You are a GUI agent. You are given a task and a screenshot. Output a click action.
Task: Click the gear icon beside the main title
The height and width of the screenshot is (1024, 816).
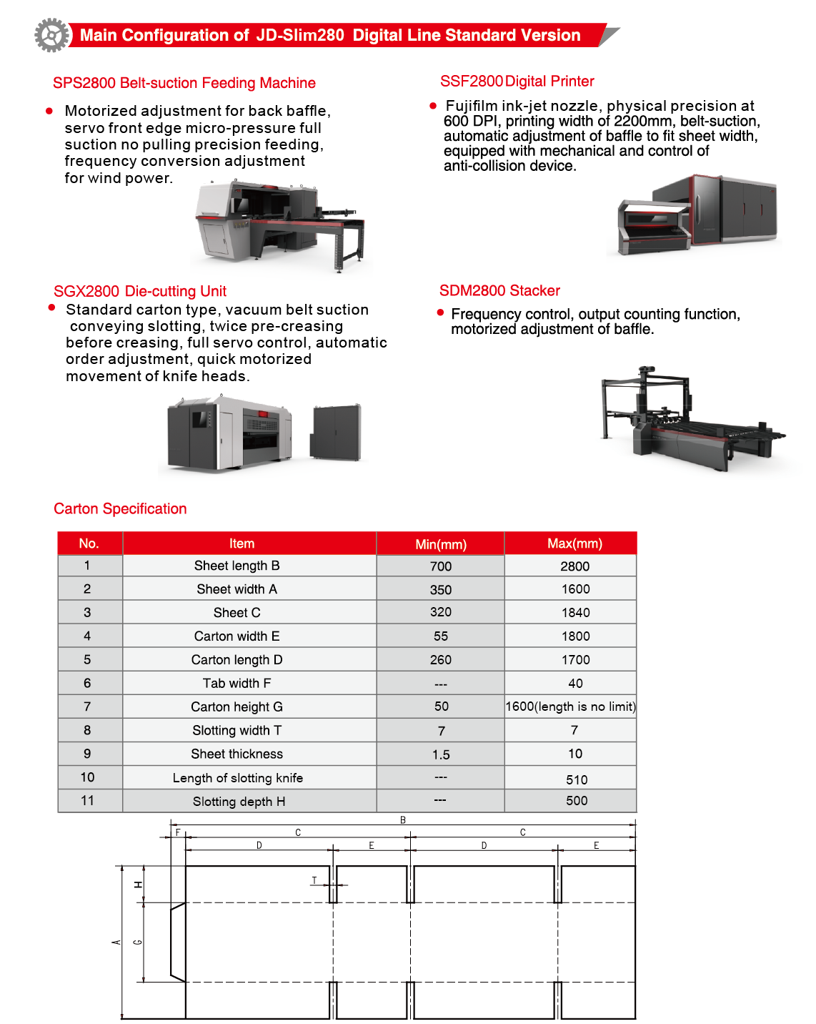point(52,35)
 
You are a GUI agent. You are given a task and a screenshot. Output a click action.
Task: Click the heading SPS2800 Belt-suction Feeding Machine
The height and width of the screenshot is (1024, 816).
point(184,83)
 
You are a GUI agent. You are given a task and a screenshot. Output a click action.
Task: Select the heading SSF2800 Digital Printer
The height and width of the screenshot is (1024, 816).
point(517,82)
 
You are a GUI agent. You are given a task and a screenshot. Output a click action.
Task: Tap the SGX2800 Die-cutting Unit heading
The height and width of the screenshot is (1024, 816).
point(140,291)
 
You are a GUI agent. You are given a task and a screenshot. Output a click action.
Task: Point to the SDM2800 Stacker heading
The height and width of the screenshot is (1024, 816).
point(499,290)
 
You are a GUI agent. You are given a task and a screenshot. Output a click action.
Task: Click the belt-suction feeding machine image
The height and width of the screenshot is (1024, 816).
point(281,225)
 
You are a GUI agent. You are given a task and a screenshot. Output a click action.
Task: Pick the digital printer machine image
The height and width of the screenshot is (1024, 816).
point(697,213)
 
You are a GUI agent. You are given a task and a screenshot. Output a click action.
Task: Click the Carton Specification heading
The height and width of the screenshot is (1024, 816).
point(120,508)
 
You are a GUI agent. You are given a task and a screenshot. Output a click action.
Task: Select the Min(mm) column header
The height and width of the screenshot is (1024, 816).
point(441,544)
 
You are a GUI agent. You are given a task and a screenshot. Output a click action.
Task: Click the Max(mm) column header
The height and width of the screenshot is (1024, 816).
point(574,543)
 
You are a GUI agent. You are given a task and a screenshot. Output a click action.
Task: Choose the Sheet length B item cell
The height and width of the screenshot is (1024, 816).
point(237,566)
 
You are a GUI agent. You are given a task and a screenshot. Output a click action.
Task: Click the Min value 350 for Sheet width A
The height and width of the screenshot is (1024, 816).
point(441,590)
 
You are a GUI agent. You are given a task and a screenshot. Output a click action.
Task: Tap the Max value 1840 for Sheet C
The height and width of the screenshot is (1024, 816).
point(575,613)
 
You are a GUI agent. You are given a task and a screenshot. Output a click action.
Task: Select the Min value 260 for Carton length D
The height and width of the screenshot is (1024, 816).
point(441,660)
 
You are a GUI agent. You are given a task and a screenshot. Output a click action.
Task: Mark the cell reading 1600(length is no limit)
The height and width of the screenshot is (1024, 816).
point(570,707)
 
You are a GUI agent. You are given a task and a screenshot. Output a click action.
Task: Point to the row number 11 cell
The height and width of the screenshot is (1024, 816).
point(87,800)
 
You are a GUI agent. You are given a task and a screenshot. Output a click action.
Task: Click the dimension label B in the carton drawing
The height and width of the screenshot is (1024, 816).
point(403,820)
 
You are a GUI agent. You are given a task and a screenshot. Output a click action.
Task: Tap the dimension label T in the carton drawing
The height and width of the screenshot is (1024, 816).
point(314,880)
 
